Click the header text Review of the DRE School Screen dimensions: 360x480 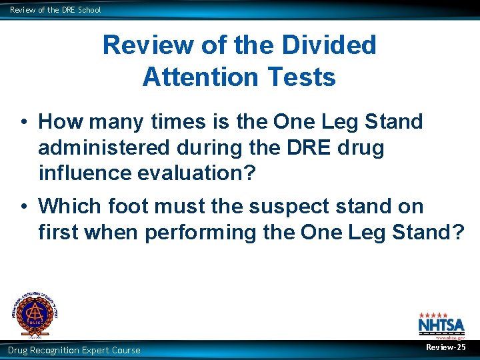click(55, 10)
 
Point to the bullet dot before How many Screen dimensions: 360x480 click(23, 123)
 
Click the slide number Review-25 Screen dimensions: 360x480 click(446, 348)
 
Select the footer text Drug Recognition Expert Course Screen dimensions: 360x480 click(74, 350)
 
